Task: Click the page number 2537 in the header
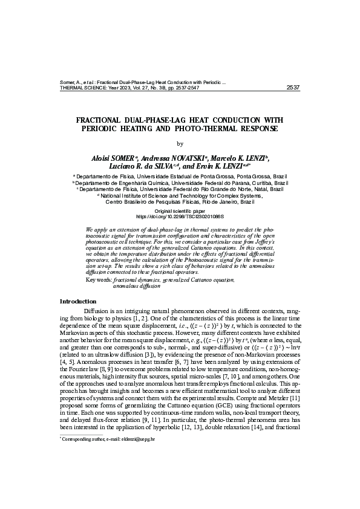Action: click(x=293, y=87)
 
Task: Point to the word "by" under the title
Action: click(x=179, y=144)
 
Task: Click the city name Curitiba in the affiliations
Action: click(x=254, y=182)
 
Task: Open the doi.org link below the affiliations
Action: click(x=180, y=216)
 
